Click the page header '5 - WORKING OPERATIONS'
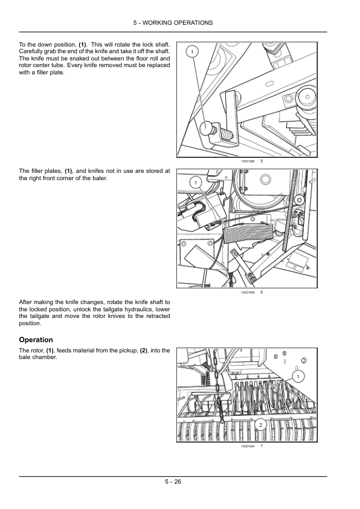coord(173,23)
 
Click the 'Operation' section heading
coord(36,340)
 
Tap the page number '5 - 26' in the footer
coord(173,482)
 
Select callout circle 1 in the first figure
coord(192,52)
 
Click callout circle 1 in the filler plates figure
coord(195,183)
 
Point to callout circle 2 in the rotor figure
coord(260,424)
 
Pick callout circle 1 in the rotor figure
coord(298,377)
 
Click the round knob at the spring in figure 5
coord(206,128)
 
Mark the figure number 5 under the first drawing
coord(262,161)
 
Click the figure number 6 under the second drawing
coord(262,292)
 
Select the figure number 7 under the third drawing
coord(262,446)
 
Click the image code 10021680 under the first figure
coord(248,161)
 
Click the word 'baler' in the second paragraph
coord(99,178)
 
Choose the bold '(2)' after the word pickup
coord(144,351)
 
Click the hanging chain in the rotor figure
coord(217,386)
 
